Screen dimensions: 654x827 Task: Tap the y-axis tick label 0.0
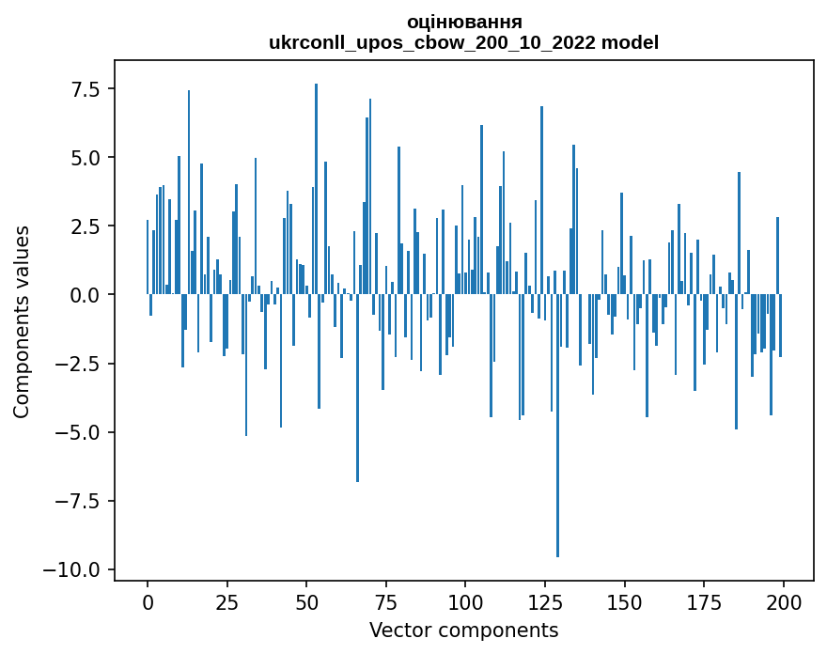[x=80, y=295]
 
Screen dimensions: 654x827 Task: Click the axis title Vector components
[x=464, y=630]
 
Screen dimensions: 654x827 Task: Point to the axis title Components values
[x=22, y=320]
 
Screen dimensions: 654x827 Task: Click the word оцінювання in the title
[x=464, y=22]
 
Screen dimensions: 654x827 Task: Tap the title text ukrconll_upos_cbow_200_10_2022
[x=435, y=42]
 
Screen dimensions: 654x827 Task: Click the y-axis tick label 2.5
[x=80, y=226]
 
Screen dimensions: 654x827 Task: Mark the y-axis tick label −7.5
[x=73, y=501]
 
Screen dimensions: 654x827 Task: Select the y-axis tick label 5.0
[x=80, y=158]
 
